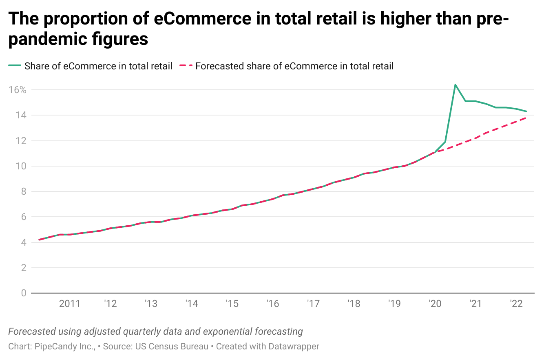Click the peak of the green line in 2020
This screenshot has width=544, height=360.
(x=455, y=85)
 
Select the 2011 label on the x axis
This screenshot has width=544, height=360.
(x=69, y=304)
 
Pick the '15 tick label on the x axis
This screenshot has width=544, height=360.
(x=232, y=304)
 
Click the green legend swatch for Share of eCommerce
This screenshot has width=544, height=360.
(x=15, y=66)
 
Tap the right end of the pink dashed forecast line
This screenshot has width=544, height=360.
(x=526, y=118)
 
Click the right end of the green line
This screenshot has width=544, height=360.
(x=526, y=111)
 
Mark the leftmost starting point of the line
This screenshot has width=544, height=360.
(x=39, y=240)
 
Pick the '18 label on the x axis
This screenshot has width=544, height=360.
(x=353, y=304)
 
